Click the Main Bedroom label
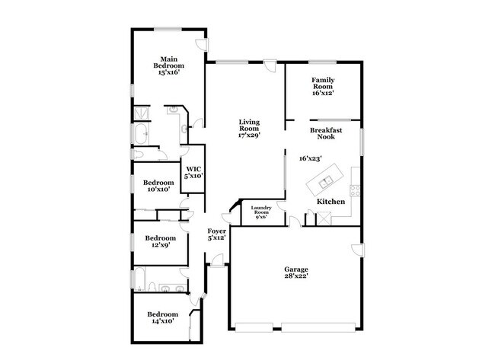[x=169, y=66]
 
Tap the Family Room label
[x=324, y=86]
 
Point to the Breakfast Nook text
[x=326, y=134]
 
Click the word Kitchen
[x=331, y=202]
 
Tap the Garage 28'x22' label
[x=296, y=273]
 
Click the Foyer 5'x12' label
[x=218, y=234]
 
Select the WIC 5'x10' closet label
[x=193, y=172]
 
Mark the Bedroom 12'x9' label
[x=161, y=241]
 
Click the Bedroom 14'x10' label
[x=162, y=317]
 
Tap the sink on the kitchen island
[x=325, y=182]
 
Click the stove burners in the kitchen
[x=354, y=188]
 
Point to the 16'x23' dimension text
[x=310, y=158]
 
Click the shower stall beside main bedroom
[x=142, y=114]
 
